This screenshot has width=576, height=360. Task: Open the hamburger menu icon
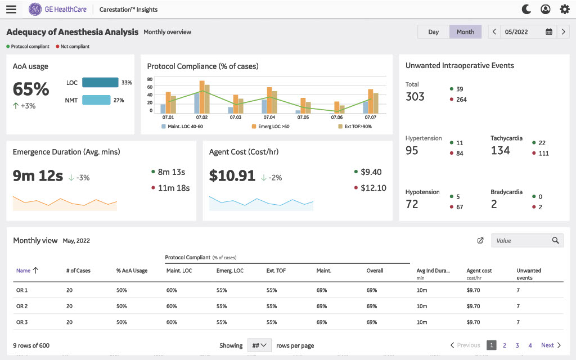(x=11, y=9)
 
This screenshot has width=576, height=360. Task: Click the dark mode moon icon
(x=526, y=9)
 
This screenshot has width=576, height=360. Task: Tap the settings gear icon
(x=564, y=9)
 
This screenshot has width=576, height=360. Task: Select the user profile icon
(x=545, y=9)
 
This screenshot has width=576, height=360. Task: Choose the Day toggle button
(x=433, y=32)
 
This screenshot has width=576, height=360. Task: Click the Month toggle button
(x=465, y=32)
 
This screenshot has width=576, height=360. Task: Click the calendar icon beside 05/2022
(x=548, y=32)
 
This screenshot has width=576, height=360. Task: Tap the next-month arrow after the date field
(x=563, y=32)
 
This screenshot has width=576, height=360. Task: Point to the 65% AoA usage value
(x=31, y=89)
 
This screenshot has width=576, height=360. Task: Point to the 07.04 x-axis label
(x=269, y=118)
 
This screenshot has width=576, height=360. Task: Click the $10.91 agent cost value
(x=232, y=176)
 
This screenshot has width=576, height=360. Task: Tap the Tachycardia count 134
(x=500, y=150)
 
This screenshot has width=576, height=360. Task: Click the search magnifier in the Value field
(x=555, y=241)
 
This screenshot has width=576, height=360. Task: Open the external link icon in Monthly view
(x=480, y=241)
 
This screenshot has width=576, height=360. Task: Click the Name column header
(x=24, y=271)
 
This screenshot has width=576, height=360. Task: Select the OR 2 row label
(x=22, y=307)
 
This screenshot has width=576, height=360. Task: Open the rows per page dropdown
(x=259, y=345)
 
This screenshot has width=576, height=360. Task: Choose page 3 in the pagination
(x=517, y=345)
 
